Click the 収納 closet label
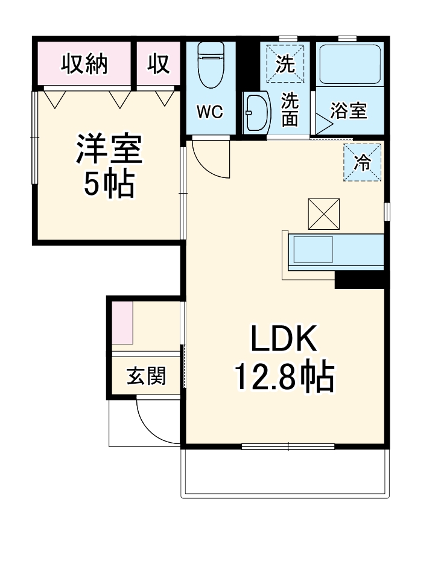84,64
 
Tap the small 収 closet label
159,64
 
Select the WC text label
210,112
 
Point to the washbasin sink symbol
255,112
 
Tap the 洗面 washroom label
290,109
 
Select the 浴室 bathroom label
349,111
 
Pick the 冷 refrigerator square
363,162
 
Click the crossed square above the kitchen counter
324,214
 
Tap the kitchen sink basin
312,249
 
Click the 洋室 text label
109,150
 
